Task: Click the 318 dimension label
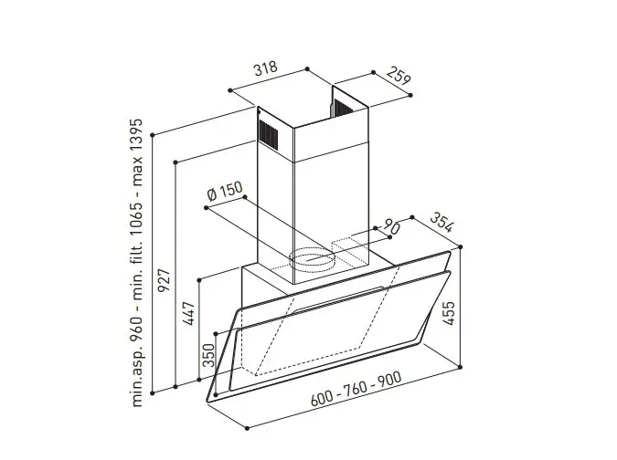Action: [x=266, y=68]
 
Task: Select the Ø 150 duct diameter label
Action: [x=225, y=192]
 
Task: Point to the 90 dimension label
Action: [x=391, y=227]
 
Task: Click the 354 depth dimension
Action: [x=441, y=222]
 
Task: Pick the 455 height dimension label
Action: [x=448, y=313]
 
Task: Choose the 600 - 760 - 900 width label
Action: [x=356, y=389]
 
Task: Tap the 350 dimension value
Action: [x=208, y=355]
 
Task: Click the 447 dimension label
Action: [x=189, y=313]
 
